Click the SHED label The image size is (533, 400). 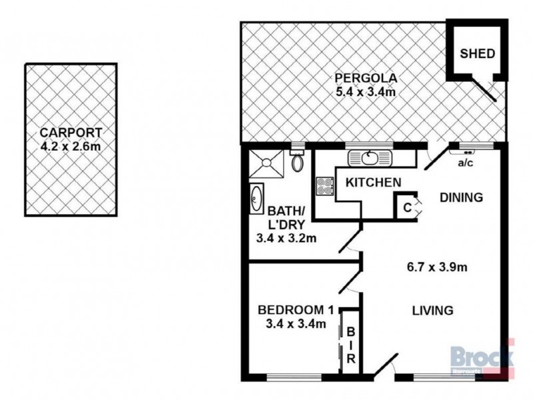477,54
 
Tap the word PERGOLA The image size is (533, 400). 366,78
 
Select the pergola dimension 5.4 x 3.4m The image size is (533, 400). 366,92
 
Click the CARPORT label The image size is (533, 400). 71,132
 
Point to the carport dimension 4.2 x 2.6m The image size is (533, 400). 71,146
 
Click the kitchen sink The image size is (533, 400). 370,158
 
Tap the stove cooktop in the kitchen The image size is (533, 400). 324,187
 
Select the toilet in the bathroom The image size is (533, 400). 297,161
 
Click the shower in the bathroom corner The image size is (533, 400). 266,163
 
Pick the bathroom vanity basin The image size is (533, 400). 257,199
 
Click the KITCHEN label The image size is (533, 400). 373,183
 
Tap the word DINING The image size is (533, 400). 461,197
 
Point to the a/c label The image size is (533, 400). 465,163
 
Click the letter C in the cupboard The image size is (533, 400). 408,207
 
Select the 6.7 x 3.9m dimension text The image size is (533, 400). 437,267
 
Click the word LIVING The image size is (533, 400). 432,311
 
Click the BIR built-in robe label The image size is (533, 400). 351,345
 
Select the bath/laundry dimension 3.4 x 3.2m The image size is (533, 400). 286,238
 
